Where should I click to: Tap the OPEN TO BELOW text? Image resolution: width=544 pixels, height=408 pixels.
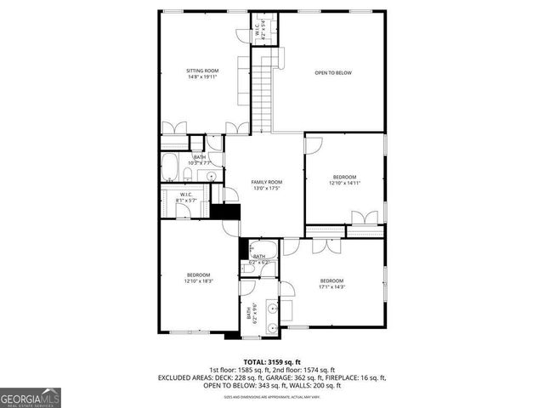pyautogui.click(x=332, y=73)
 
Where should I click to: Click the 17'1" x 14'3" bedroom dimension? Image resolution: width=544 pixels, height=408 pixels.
pyautogui.click(x=331, y=286)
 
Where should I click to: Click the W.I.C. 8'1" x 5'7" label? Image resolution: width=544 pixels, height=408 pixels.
pyautogui.click(x=185, y=198)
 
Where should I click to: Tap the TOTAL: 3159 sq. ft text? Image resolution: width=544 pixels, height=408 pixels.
pyautogui.click(x=272, y=362)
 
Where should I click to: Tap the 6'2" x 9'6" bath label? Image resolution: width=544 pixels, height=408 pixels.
pyautogui.click(x=250, y=314)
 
